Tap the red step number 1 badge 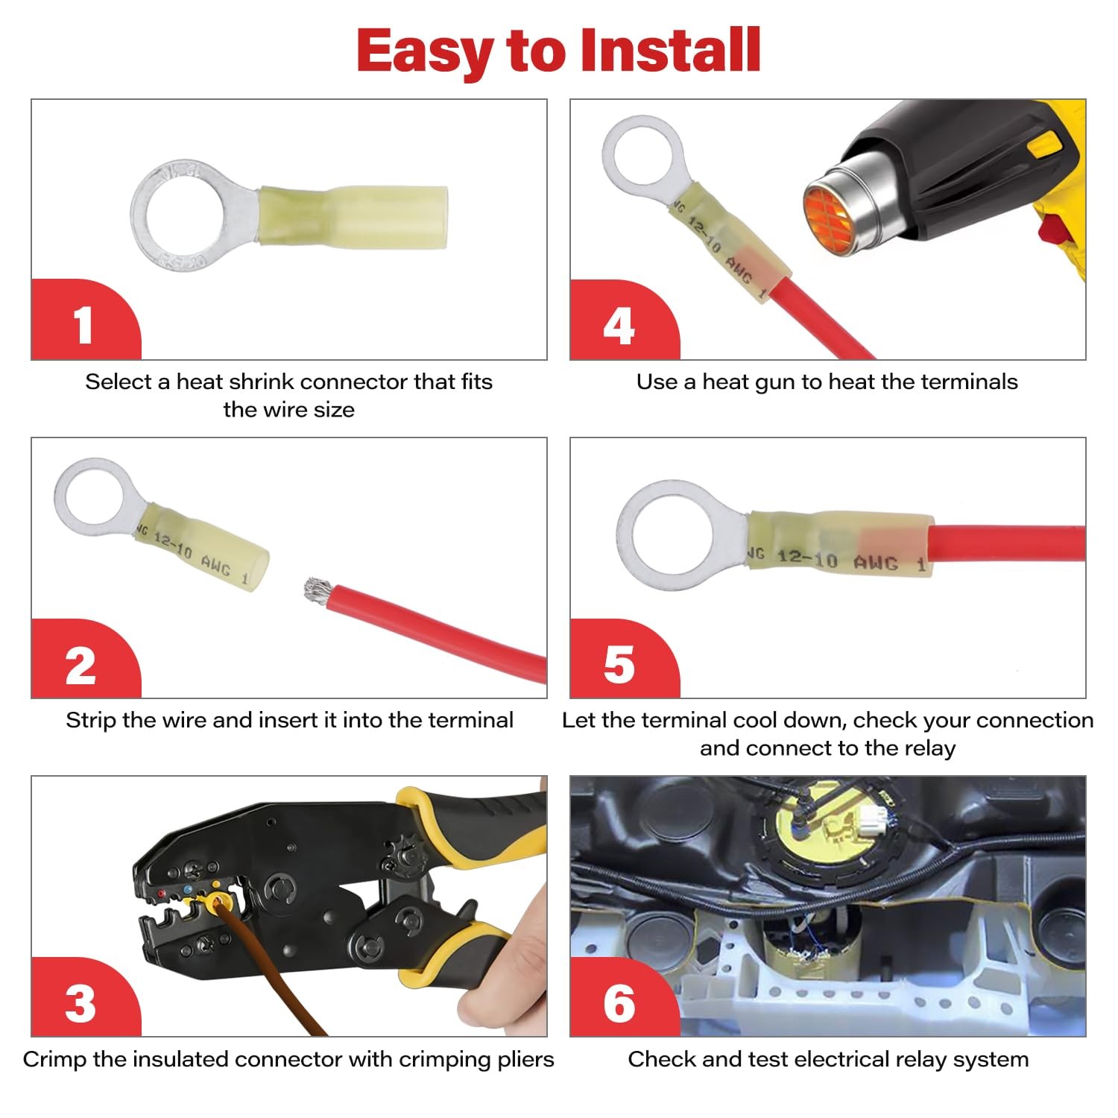[83, 320]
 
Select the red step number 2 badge [83, 660]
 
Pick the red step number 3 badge [83, 999]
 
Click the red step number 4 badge [622, 321]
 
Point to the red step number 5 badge [622, 660]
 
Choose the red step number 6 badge [622, 999]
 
